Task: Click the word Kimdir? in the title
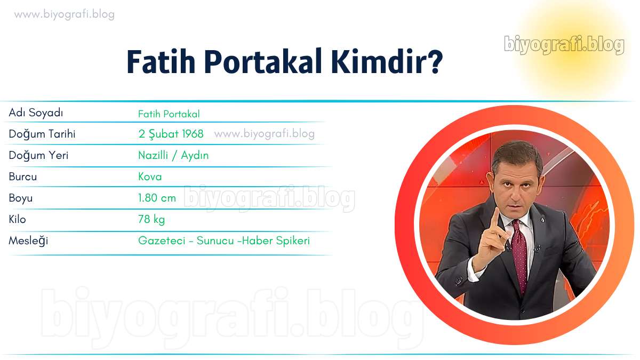coord(387,62)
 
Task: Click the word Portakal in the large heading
coord(263,62)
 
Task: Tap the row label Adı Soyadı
coord(36,113)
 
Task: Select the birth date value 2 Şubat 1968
coord(171,134)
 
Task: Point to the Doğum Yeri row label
coord(38,156)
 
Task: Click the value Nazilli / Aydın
coord(173,156)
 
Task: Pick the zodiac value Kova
coord(150,177)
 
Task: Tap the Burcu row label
coord(23,177)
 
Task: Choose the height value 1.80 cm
coord(157,198)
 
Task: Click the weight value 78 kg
coord(151,220)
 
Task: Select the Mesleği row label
coord(28,241)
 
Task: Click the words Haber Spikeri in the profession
coord(276,241)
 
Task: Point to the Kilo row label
coord(17,219)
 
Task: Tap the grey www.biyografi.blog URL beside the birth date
coord(265,134)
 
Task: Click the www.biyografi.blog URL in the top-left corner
coord(65,14)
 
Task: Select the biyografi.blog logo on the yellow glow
coord(564,45)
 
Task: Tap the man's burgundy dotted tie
coord(521,257)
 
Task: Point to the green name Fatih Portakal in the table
coord(169,114)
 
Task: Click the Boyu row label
coord(21,198)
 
